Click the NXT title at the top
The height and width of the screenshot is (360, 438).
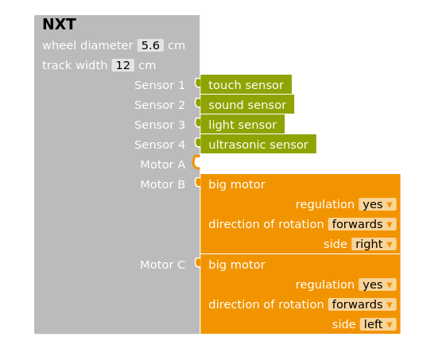[59, 25]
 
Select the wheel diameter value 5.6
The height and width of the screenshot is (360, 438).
[150, 45]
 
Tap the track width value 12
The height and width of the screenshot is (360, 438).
[122, 65]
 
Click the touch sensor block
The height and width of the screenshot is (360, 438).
[246, 85]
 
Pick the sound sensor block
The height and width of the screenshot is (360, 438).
[246, 105]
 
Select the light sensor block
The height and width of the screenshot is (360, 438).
[242, 125]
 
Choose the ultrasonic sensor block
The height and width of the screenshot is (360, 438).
[258, 145]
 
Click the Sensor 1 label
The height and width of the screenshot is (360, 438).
[159, 85]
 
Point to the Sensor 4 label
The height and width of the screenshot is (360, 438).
[159, 145]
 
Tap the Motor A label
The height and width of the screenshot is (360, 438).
[162, 165]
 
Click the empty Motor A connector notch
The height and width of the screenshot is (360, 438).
[197, 164]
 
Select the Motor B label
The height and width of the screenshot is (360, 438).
[162, 184]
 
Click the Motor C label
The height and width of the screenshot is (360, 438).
[162, 265]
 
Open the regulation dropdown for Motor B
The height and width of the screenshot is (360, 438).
[377, 204]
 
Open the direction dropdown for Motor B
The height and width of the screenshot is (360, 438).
[362, 224]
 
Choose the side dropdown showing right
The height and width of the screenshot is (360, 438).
[374, 244]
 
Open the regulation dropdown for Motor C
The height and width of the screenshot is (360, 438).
[377, 285]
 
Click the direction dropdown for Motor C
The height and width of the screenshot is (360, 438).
[362, 304]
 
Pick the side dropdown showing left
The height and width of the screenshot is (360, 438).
[378, 324]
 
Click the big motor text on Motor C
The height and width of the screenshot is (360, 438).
[237, 265]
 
